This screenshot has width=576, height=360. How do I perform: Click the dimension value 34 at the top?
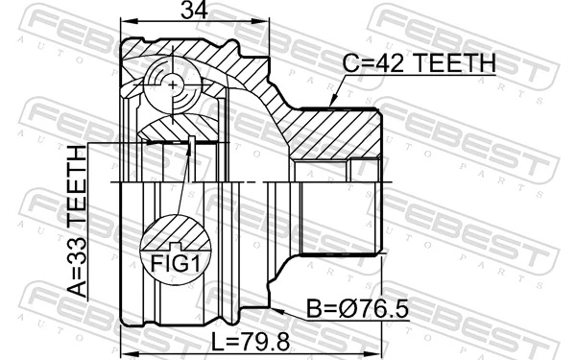195,12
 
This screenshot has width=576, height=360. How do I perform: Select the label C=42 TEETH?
420,63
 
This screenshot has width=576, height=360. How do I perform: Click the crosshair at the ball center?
173,84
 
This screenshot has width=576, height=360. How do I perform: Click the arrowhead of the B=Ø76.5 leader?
274,310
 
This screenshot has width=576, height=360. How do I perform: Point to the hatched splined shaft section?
336,134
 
